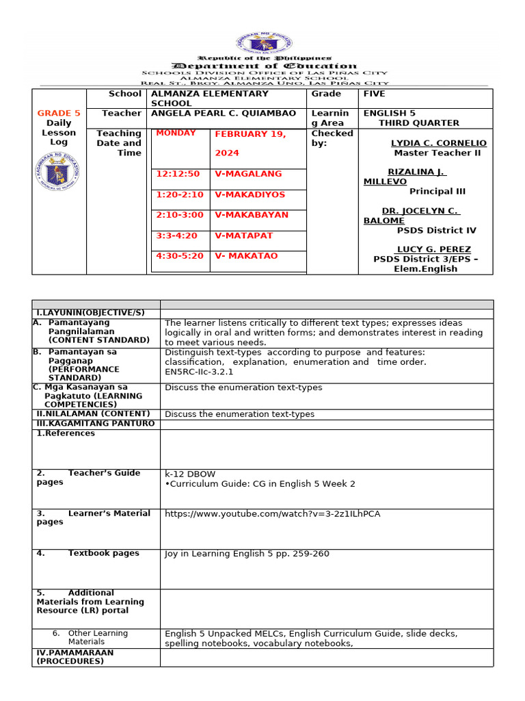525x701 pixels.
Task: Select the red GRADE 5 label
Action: pos(59,113)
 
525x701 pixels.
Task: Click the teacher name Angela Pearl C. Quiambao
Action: pos(224,113)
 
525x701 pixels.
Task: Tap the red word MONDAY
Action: pos(176,133)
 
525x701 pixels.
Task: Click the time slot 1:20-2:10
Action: pos(180,194)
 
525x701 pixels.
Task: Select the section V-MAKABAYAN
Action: pos(252,214)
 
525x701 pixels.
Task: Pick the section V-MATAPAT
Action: pos(243,235)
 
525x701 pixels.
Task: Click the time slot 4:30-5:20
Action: pos(180,255)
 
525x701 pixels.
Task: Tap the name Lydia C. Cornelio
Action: pos(438,143)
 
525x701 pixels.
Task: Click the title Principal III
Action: pos(437,191)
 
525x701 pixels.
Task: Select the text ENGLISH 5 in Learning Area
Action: pos(390,113)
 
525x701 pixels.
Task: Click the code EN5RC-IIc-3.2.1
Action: pos(199,372)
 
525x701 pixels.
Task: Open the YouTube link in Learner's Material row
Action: pos(272,513)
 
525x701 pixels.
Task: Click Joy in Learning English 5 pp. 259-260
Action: pos(247,553)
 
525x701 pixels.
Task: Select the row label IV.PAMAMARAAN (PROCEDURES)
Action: pos(75,657)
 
